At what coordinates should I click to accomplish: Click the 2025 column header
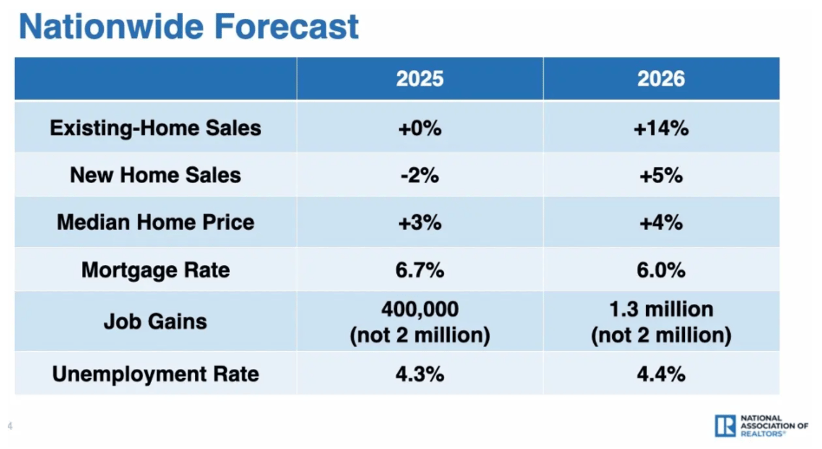click(x=420, y=79)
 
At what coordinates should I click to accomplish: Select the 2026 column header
click(x=661, y=79)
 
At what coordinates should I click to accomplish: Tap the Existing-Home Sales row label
click(x=155, y=128)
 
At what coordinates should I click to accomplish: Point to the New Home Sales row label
click(x=155, y=175)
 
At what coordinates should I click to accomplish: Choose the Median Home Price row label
click(x=155, y=222)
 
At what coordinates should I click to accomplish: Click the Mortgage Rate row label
click(x=155, y=270)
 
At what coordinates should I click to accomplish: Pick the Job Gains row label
click(x=155, y=322)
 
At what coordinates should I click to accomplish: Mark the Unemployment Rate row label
click(x=155, y=374)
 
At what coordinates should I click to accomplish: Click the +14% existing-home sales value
click(x=661, y=128)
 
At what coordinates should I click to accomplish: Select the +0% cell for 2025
click(x=420, y=128)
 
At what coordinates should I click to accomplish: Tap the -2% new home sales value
click(x=420, y=175)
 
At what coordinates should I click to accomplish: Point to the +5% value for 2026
click(x=661, y=175)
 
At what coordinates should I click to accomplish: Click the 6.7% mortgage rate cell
click(x=420, y=270)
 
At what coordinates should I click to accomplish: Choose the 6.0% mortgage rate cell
click(x=661, y=270)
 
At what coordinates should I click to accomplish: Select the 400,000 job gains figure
click(x=420, y=309)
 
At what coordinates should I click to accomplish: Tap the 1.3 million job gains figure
click(x=661, y=309)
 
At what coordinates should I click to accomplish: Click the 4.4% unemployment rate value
click(x=661, y=374)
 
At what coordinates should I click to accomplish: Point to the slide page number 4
click(x=10, y=426)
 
